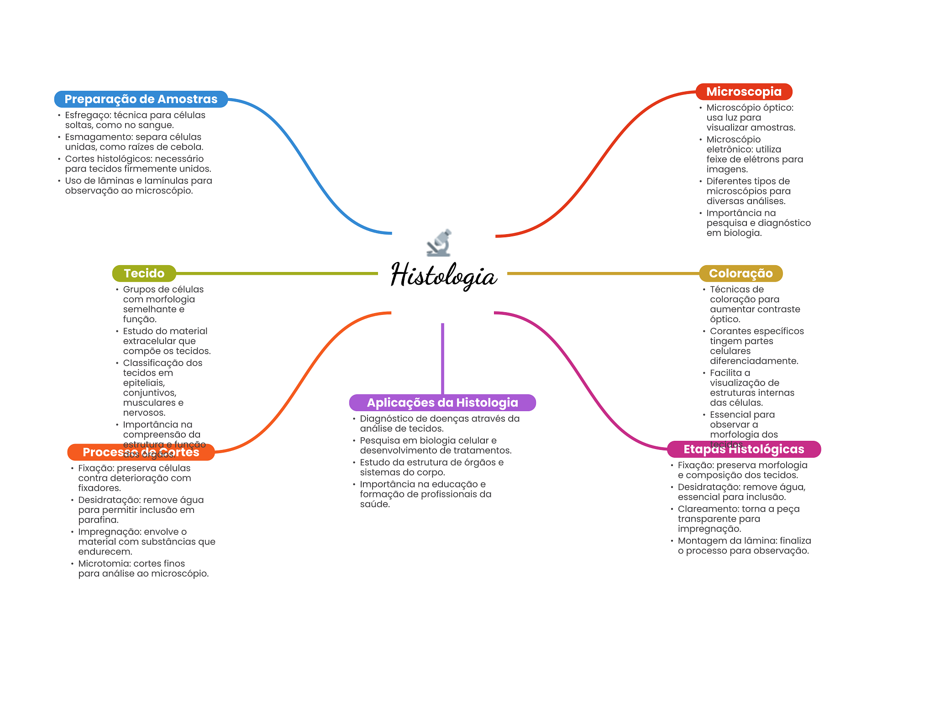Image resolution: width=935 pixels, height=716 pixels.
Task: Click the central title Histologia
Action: click(443, 275)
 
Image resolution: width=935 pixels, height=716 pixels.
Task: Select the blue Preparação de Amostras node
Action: click(141, 99)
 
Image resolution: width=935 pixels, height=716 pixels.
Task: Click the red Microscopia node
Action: click(744, 92)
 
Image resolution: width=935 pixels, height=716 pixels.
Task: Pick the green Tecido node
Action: click(144, 273)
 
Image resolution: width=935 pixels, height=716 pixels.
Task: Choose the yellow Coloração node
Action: click(741, 273)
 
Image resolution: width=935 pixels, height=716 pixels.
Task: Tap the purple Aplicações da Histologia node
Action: click(442, 402)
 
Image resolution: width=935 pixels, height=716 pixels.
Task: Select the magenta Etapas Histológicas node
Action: click(743, 449)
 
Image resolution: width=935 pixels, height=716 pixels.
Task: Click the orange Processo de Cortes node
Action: click(141, 452)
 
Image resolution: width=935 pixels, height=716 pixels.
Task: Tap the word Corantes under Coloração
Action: click(729, 331)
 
